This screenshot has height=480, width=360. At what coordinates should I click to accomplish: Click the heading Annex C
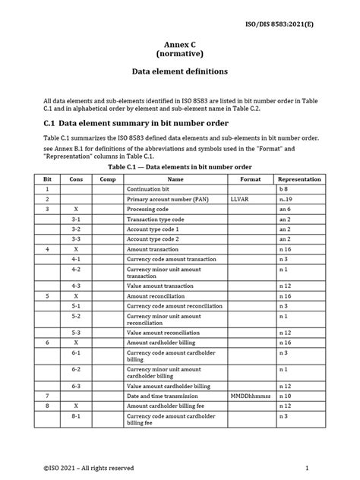click(179, 45)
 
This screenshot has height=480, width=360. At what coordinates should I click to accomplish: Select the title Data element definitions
click(179, 74)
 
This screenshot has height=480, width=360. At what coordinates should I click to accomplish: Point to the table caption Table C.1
click(180, 167)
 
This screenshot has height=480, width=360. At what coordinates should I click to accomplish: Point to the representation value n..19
click(284, 197)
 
